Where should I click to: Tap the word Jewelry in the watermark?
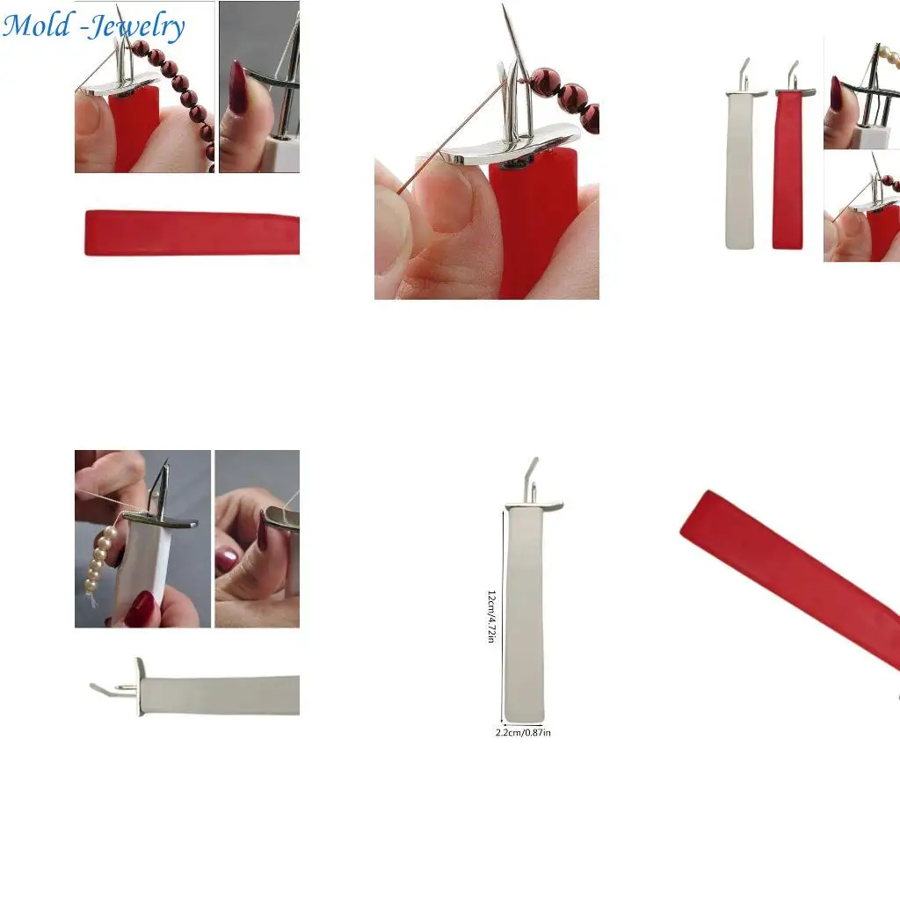(x=136, y=26)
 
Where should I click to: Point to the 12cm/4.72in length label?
(x=492, y=615)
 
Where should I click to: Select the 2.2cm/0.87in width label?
(x=523, y=732)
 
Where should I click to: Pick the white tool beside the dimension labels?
(x=525, y=615)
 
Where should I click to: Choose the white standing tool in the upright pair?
(x=740, y=167)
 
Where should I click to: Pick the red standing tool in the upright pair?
(x=787, y=167)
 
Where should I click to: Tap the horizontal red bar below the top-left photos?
(x=192, y=233)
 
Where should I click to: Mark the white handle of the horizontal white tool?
(x=220, y=695)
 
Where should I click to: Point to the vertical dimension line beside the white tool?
(x=503, y=615)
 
